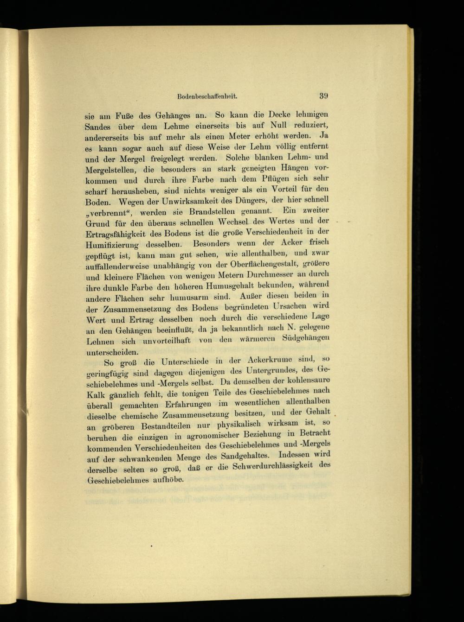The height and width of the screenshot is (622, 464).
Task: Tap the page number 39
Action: point(323,96)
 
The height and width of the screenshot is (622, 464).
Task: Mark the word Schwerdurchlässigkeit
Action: point(274,468)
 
